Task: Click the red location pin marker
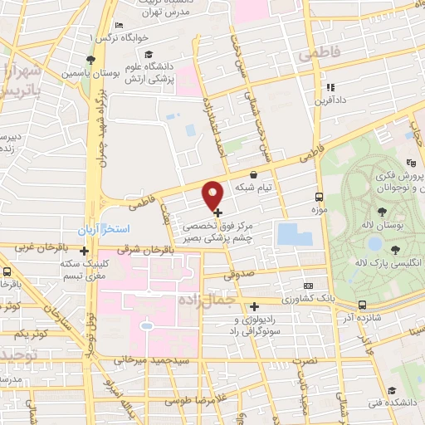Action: [213, 194]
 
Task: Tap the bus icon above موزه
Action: [319, 197]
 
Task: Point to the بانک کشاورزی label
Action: [281, 298]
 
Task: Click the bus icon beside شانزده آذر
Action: [362, 305]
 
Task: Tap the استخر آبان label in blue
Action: [100, 228]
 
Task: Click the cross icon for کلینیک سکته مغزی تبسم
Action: [85, 249]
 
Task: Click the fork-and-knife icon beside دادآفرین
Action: [330, 86]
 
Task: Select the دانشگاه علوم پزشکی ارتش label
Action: [153, 72]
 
